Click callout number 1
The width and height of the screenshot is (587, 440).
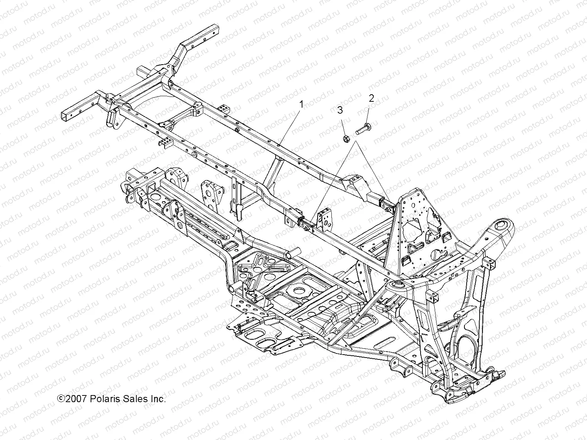click(x=301, y=105)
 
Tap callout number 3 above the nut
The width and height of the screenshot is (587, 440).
click(x=340, y=110)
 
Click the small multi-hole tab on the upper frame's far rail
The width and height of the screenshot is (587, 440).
click(x=223, y=108)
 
